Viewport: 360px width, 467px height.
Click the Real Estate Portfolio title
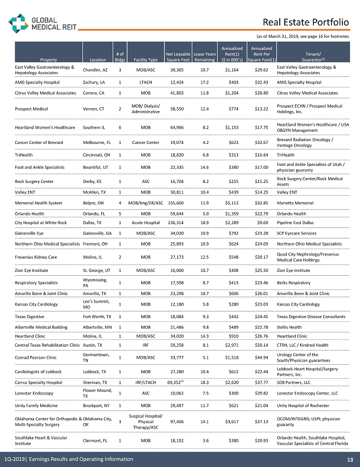tap(306, 23)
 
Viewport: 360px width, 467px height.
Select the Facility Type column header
tap(146, 59)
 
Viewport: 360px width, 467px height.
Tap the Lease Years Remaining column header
tap(204, 57)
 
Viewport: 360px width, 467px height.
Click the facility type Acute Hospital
tap(146, 223)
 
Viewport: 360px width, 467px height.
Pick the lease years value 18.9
tap(204, 223)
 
